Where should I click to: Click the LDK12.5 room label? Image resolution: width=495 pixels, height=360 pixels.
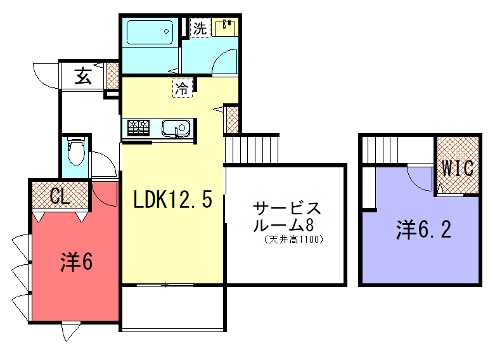pos(172,199)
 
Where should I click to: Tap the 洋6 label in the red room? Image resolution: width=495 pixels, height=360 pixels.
pos(76,262)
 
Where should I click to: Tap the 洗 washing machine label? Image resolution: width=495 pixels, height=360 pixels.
pos(200,27)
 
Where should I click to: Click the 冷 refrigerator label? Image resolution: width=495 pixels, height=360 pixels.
pos(182,89)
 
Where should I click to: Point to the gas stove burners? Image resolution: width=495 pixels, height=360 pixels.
pos(137,128)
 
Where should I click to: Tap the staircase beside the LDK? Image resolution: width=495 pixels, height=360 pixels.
pos(249,149)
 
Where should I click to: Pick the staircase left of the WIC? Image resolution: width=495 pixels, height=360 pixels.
pos(383,150)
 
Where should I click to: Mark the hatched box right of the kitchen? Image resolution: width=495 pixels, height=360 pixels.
pos(232,120)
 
